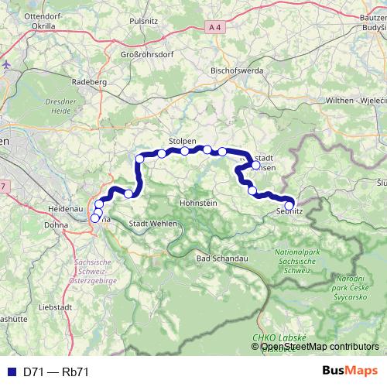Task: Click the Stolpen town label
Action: click(182, 142)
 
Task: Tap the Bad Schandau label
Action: click(222, 257)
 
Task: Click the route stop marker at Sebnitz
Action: click(289, 204)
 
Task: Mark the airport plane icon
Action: click(6, 63)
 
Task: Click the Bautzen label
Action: click(372, 15)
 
